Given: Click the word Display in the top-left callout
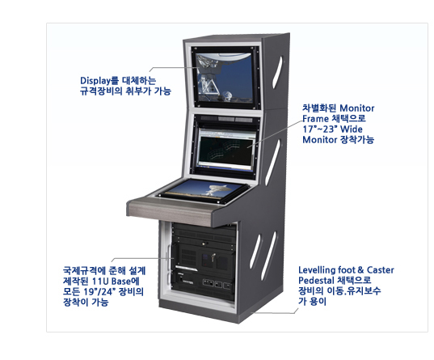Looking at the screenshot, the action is pyautogui.click(x=95, y=81).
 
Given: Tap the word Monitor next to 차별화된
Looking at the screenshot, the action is pyautogui.click(x=356, y=108).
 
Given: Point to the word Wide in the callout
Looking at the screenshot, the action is pyautogui.click(x=352, y=129).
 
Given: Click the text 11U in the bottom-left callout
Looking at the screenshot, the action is pyautogui.click(x=100, y=282).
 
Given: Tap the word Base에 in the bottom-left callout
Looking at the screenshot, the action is pyautogui.click(x=125, y=282).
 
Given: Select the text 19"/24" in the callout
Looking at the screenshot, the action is pyautogui.click(x=98, y=292).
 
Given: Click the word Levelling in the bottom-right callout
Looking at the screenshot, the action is pyautogui.click(x=317, y=270).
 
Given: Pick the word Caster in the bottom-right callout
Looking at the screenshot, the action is pyautogui.click(x=381, y=270).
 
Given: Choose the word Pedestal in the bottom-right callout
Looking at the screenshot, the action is pyautogui.click(x=316, y=281).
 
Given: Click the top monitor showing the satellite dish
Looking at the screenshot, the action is pyautogui.click(x=225, y=78).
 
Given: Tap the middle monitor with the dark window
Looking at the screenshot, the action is pyautogui.click(x=226, y=149).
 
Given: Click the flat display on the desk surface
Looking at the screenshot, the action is pyautogui.click(x=204, y=191).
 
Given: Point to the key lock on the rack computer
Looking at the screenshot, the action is pyautogui.click(x=213, y=257).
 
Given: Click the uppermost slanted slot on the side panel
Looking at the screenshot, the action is pyautogui.click(x=278, y=73).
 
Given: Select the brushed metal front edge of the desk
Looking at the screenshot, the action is pyautogui.click(x=170, y=210).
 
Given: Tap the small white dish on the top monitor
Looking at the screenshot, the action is pyautogui.click(x=227, y=96).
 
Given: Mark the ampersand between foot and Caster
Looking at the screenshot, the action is pyautogui.click(x=360, y=270).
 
